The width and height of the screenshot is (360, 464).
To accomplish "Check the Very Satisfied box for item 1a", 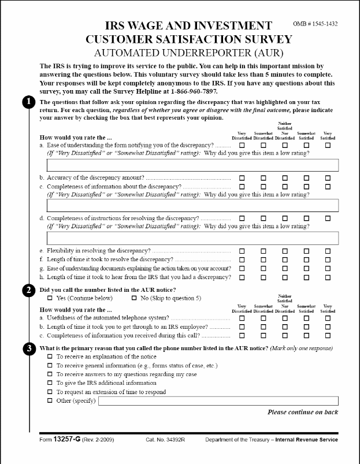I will (x=328, y=145).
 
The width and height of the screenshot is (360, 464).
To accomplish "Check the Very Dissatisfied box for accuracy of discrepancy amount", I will (x=242, y=177).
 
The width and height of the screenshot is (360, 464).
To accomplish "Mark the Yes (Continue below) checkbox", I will (x=50, y=298).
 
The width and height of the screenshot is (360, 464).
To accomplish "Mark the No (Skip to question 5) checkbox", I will (x=126, y=298).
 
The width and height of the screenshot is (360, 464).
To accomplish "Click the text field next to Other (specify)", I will (x=218, y=401).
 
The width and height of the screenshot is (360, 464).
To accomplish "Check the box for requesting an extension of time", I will (x=50, y=392).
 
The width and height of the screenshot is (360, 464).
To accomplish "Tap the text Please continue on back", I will (x=302, y=412).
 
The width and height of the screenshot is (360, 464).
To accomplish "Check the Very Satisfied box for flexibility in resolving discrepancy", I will (x=328, y=251).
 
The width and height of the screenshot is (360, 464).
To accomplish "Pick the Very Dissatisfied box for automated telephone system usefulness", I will (x=242, y=318).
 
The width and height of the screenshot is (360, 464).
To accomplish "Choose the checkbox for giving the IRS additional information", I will (x=50, y=383).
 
